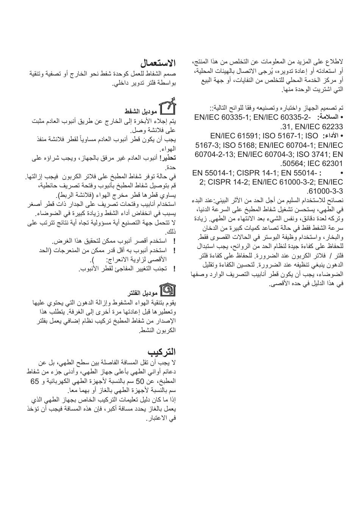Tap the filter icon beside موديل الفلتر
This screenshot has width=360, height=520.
(x=168, y=291)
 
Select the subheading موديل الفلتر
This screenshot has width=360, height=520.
(x=142, y=293)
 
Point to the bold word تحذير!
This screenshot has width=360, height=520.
(x=168, y=158)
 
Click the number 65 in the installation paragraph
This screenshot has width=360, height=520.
(x=35, y=381)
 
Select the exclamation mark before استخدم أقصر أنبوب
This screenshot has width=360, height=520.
(x=174, y=241)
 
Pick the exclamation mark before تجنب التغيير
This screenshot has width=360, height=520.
(x=174, y=269)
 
